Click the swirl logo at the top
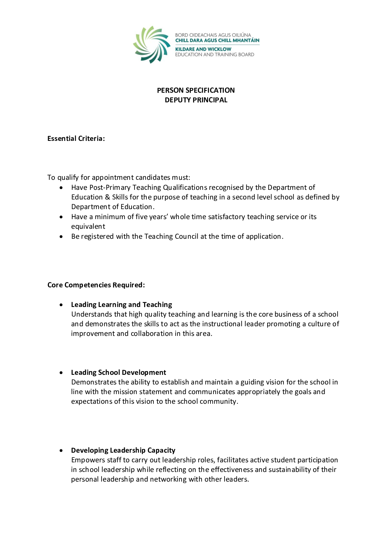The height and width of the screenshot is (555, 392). (x=152, y=44)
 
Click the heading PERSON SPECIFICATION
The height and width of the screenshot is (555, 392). (x=196, y=90)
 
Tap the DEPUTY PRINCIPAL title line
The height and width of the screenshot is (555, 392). (x=196, y=100)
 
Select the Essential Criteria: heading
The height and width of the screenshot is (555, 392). (x=76, y=139)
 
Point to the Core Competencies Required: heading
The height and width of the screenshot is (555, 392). (x=96, y=285)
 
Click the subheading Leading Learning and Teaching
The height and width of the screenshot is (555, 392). (x=122, y=305)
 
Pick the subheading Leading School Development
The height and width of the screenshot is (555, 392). (x=119, y=373)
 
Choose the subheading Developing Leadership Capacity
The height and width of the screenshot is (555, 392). (x=123, y=450)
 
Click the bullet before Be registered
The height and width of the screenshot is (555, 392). (x=61, y=237)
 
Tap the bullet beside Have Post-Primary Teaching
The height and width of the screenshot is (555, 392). (x=61, y=188)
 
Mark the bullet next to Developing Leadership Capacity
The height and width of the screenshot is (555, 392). (x=61, y=450)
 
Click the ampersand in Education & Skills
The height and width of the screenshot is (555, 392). (x=107, y=197)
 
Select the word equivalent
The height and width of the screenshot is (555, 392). (x=88, y=227)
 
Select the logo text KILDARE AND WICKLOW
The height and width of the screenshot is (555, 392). (x=203, y=49)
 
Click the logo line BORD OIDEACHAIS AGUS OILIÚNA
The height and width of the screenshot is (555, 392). (x=213, y=35)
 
